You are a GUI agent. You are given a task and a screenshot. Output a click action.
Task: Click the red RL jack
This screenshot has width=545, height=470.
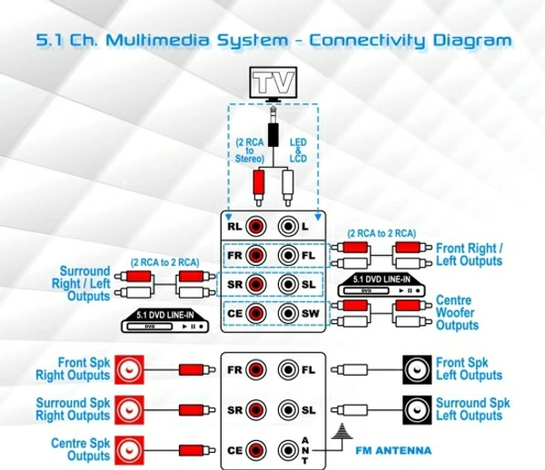(x=257, y=225)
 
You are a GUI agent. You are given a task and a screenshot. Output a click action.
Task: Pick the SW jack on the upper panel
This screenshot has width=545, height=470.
(x=289, y=315)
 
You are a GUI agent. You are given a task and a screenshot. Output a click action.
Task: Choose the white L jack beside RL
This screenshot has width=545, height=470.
(x=289, y=225)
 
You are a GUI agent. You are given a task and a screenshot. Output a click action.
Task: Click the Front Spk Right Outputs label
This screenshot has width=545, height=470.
(x=73, y=369)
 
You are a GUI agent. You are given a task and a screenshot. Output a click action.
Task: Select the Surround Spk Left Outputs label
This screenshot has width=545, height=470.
(x=472, y=409)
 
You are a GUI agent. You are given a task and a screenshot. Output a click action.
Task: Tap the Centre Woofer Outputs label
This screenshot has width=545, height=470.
(x=458, y=313)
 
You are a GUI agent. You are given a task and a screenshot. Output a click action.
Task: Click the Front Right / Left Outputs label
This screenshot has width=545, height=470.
(x=469, y=255)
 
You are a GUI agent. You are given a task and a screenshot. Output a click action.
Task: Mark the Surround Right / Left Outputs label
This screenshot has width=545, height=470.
(x=84, y=283)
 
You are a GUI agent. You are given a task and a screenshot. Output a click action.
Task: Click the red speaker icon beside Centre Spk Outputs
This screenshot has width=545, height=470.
(x=128, y=449)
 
